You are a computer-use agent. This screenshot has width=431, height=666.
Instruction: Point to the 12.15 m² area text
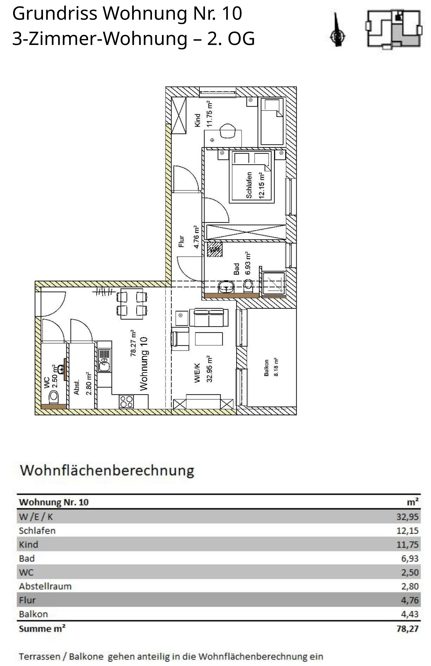[262, 186]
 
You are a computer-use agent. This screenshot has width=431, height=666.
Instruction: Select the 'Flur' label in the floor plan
[181, 241]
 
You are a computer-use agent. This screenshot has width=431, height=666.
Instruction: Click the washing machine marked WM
[215, 249]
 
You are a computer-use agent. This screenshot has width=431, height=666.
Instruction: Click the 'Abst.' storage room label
[76, 387]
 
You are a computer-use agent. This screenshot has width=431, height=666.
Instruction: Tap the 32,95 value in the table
[407, 516]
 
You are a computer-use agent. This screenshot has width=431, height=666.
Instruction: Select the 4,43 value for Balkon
[410, 614]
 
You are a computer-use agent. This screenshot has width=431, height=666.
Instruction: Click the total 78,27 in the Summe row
[407, 629]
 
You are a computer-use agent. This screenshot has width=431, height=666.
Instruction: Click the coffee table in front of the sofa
[209, 339]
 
